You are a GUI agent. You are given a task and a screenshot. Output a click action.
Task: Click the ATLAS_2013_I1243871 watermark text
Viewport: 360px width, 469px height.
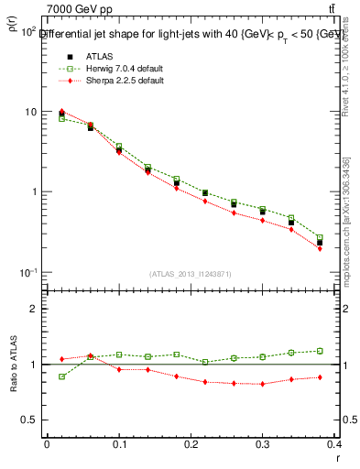pyautogui.click(x=191, y=275)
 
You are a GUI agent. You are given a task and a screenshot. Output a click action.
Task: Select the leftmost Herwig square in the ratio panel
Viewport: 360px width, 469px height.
pyautogui.click(x=62, y=376)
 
